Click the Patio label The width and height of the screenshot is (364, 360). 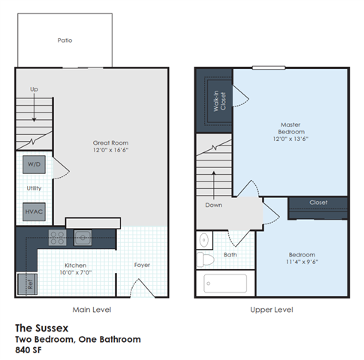pos(65,40)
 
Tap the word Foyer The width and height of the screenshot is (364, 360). pos(143,265)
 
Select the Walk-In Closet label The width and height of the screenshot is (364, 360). pos(219,98)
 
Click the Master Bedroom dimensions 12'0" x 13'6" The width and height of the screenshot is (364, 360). pos(290,138)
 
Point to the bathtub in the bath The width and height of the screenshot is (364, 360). pos(225,283)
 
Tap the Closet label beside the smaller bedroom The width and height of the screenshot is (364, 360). pos(319,202)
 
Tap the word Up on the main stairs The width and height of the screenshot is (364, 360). pos(33,88)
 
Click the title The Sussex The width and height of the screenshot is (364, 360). pos(42,328)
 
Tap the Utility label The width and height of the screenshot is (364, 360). pos(34,188)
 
